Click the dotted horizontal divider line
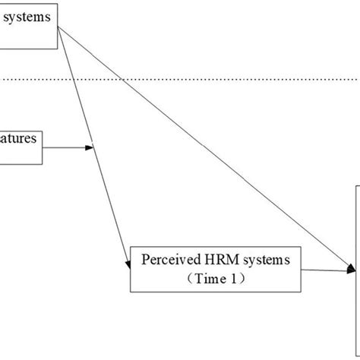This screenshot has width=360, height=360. coord(182,77)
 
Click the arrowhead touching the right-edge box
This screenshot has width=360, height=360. coord(352,269)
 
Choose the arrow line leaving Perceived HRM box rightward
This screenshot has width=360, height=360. coord(327,268)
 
